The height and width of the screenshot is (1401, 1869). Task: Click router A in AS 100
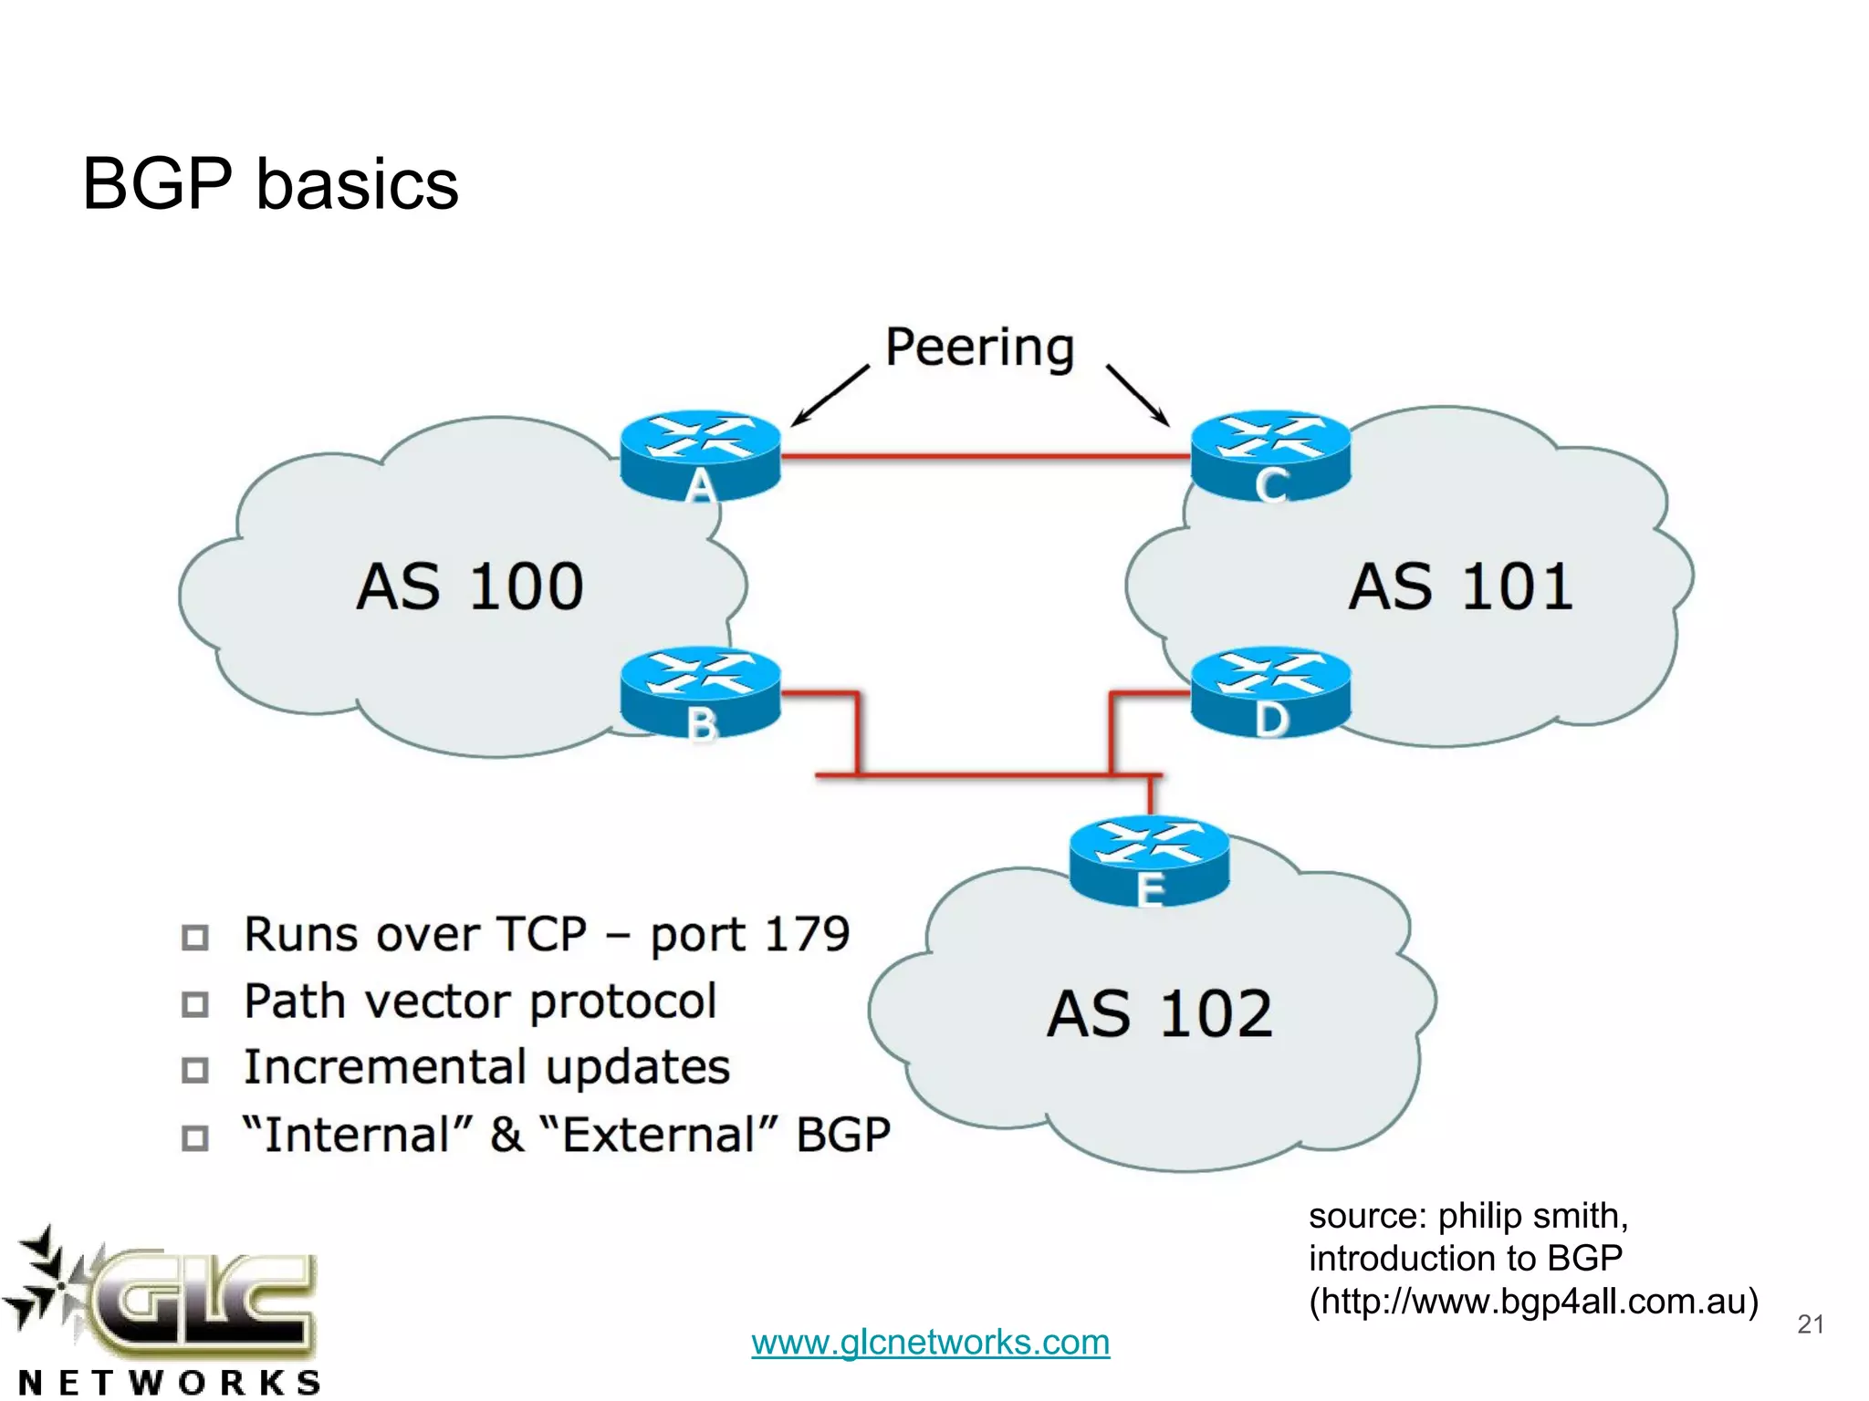700,454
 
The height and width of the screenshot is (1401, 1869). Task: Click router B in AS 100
700,693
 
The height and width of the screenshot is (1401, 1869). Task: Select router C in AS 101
1270,454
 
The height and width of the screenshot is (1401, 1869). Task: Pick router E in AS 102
1149,860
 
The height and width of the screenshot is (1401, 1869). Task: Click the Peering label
980,348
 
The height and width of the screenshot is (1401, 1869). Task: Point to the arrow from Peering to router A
829,396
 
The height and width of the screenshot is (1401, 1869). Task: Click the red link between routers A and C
986,455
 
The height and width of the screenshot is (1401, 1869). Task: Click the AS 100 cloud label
470,586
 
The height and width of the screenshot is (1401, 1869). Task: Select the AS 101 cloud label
1460,586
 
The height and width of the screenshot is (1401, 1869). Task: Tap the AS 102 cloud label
1159,1013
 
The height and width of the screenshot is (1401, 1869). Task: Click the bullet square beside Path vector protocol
194,1003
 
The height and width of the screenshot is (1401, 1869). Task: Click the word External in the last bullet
657,1136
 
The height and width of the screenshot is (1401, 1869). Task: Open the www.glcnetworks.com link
930,1342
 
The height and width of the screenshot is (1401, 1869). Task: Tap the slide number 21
1810,1323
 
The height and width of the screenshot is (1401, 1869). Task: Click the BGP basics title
270,183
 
